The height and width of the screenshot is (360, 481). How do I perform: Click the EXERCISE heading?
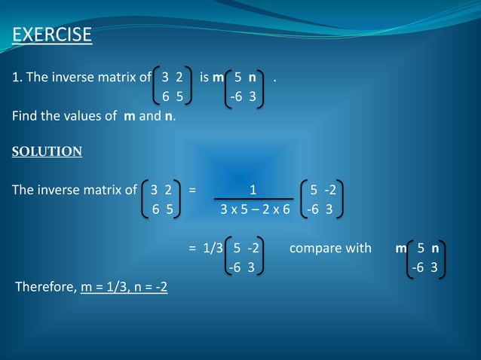point(52,35)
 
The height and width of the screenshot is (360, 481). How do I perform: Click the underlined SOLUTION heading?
point(47,151)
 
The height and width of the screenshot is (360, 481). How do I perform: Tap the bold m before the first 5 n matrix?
point(218,77)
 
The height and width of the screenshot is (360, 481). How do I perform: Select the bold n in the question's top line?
point(252,77)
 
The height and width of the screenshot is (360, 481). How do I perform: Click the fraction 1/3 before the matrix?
point(213,247)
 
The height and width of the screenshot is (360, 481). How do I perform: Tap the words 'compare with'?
point(329,247)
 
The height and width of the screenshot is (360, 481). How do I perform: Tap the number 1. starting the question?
point(16,77)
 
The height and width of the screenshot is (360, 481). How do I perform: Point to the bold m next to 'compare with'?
point(400,247)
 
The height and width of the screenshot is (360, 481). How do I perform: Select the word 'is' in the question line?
point(204,77)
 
